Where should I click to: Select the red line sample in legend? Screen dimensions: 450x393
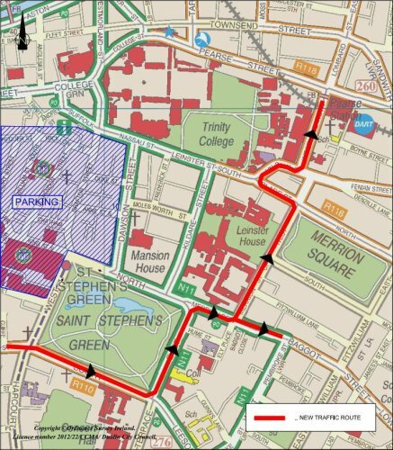(270, 419)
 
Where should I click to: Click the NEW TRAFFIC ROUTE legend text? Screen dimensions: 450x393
(333, 419)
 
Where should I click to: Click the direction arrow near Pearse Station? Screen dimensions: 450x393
(312, 134)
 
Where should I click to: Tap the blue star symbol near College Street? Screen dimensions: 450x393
(169, 32)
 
